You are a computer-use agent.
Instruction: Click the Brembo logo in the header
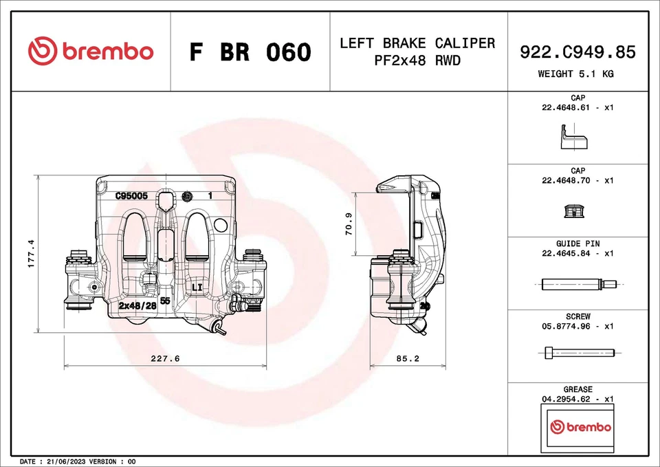click(91, 52)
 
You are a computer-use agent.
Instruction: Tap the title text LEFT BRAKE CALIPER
click(417, 43)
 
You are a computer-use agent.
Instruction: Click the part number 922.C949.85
click(577, 52)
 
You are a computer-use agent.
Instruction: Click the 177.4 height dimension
click(31, 254)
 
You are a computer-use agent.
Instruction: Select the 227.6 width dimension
click(165, 358)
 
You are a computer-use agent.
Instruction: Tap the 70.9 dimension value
click(349, 224)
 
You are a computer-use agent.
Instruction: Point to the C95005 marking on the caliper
click(131, 195)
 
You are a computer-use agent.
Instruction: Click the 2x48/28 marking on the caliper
click(137, 305)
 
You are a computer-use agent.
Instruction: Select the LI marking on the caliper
click(196, 286)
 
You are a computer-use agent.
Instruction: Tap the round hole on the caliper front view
click(220, 225)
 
